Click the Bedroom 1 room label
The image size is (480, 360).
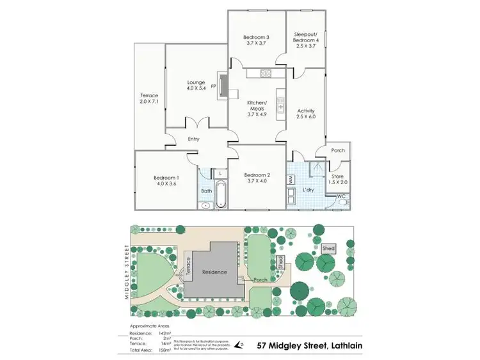click(x=166, y=181)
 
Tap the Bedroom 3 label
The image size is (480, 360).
click(x=256, y=41)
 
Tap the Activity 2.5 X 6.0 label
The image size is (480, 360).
click(x=305, y=114)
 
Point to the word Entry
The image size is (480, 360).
click(x=194, y=139)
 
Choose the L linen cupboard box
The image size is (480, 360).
click(x=220, y=173)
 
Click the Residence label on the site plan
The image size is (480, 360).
click(x=215, y=272)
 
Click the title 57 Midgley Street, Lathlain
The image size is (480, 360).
click(x=308, y=345)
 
